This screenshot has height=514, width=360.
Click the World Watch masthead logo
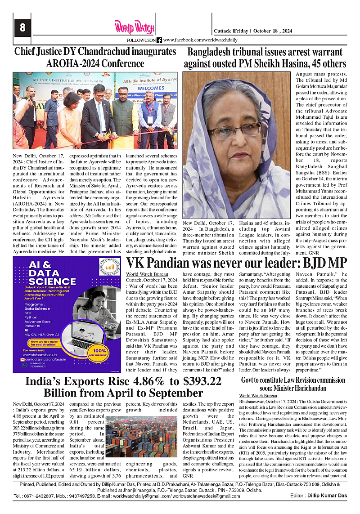point(134,27)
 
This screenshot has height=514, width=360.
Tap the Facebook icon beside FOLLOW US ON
point(159,40)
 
